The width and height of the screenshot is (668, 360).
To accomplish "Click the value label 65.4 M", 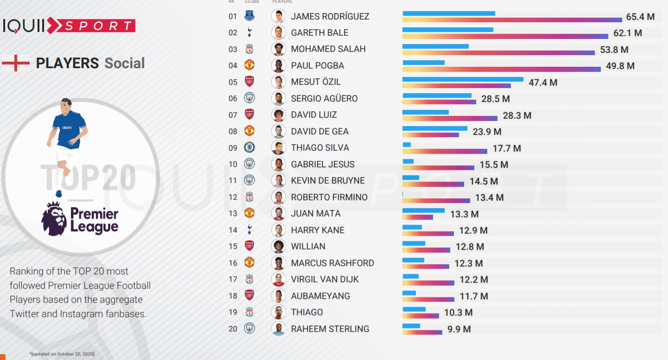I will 640,17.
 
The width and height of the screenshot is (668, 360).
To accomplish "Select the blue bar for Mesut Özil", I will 463,79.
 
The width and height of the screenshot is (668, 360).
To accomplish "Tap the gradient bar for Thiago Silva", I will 445,151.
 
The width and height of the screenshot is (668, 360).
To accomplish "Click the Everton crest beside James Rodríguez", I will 249,16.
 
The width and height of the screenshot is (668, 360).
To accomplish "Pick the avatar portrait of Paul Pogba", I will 278,65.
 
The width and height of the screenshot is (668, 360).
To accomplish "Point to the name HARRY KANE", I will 318,230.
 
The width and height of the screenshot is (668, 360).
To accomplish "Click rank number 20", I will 233,329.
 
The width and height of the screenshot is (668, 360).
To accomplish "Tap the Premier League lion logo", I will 54,219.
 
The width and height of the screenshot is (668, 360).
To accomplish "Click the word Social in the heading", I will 124,63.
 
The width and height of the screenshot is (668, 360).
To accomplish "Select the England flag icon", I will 16,63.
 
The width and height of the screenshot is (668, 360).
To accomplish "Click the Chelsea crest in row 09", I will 249,147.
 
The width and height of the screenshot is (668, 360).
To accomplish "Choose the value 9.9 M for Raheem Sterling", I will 459,329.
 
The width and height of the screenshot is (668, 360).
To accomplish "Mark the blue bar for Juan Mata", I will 423,210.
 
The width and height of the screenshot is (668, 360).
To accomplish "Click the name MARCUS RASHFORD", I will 332,263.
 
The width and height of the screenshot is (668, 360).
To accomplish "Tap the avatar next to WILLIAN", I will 278,246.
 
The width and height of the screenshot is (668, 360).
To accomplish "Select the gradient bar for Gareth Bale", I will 505,36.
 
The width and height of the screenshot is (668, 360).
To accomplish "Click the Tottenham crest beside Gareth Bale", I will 249,32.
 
